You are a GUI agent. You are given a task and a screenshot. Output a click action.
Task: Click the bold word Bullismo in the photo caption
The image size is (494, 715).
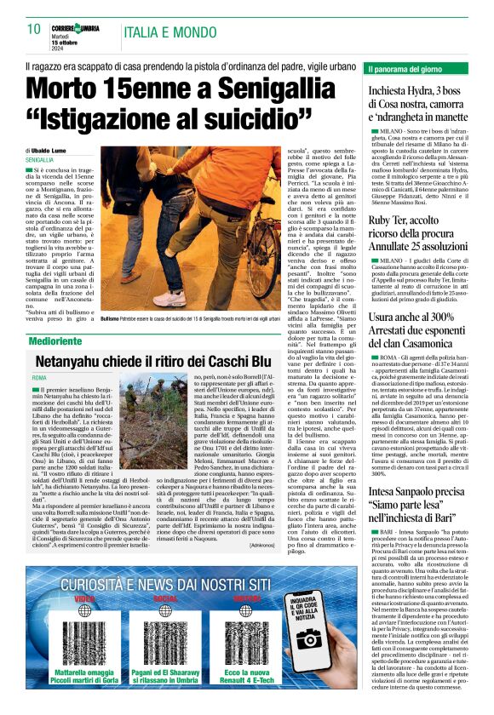108,317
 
